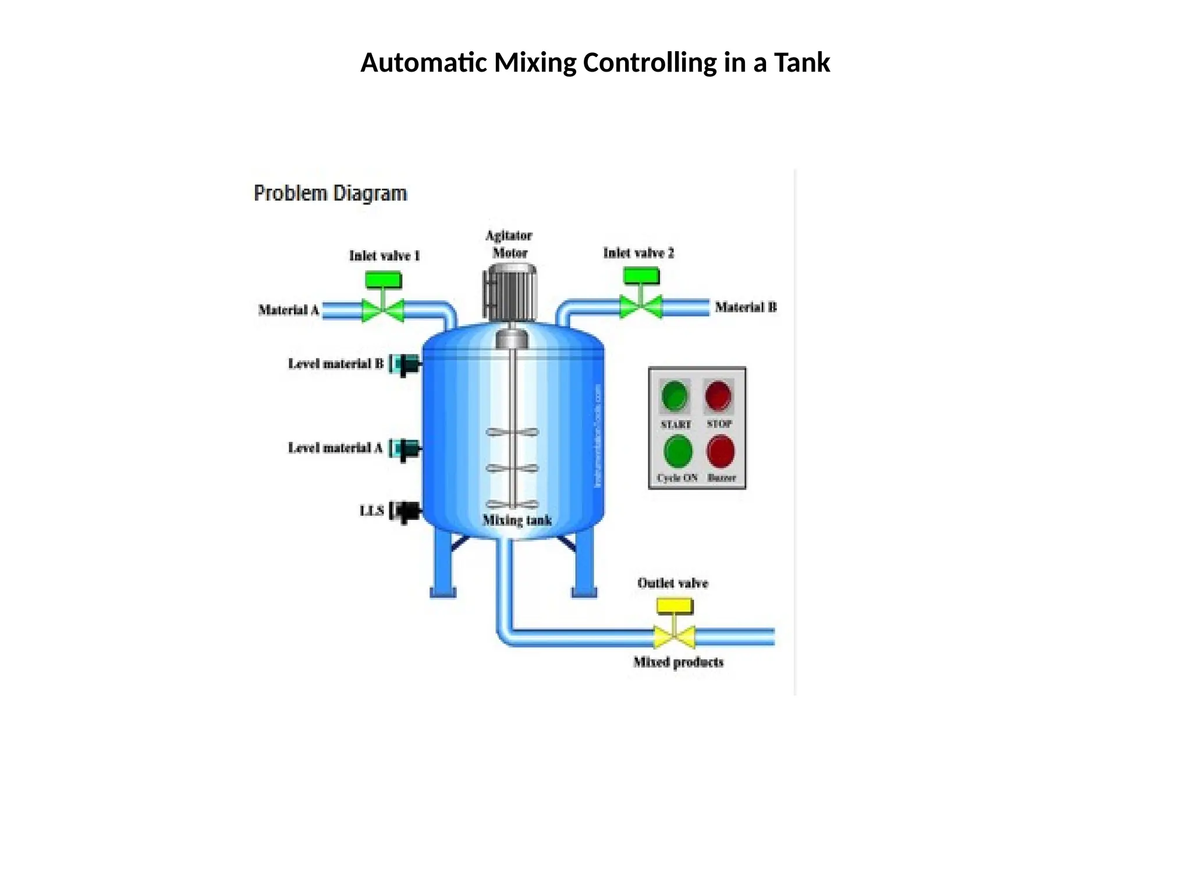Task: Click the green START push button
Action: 675,396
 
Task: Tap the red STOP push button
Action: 718,396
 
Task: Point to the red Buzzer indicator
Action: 721,452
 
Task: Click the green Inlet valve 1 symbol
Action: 383,303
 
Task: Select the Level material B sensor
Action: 406,364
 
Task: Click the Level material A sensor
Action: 406,449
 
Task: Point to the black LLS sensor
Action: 406,512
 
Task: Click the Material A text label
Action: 289,310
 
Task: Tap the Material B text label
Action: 746,307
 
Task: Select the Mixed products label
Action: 678,662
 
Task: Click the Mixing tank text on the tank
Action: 517,520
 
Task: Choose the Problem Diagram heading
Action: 330,193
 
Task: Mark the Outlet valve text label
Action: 672,583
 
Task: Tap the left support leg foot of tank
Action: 443,593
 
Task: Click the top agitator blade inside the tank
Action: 512,432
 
